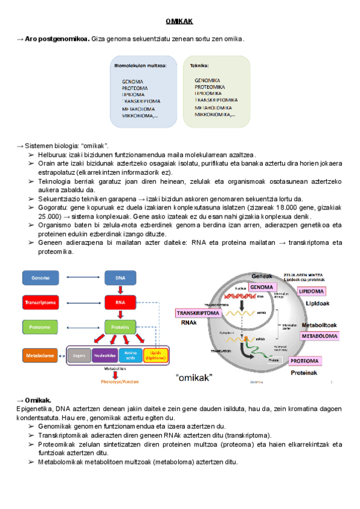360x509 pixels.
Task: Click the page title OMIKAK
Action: click(x=179, y=22)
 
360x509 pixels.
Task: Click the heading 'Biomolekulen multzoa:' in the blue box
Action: click(x=141, y=66)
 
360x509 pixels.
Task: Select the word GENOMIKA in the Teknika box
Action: click(x=207, y=80)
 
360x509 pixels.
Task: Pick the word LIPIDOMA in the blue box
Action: click(x=133, y=94)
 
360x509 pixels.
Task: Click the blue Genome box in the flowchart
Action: click(x=41, y=277)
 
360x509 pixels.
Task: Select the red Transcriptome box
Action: click(x=41, y=302)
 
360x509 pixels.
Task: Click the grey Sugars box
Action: click(x=78, y=355)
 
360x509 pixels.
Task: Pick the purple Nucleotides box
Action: click(x=104, y=355)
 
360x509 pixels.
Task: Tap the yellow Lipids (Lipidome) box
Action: click(x=156, y=355)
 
